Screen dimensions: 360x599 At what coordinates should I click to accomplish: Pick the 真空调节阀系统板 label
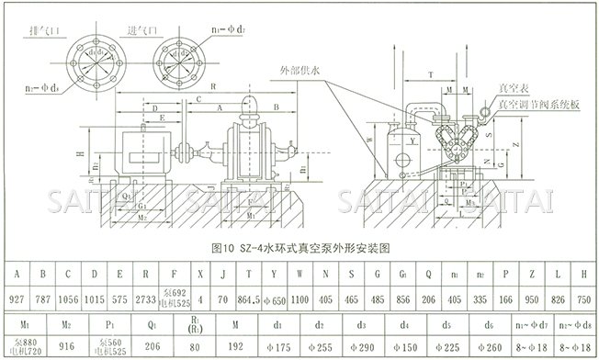(x=537, y=105)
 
